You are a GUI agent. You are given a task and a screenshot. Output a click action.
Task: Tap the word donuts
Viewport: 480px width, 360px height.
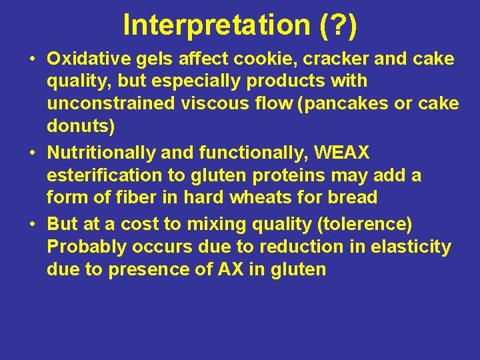[x=78, y=127]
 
